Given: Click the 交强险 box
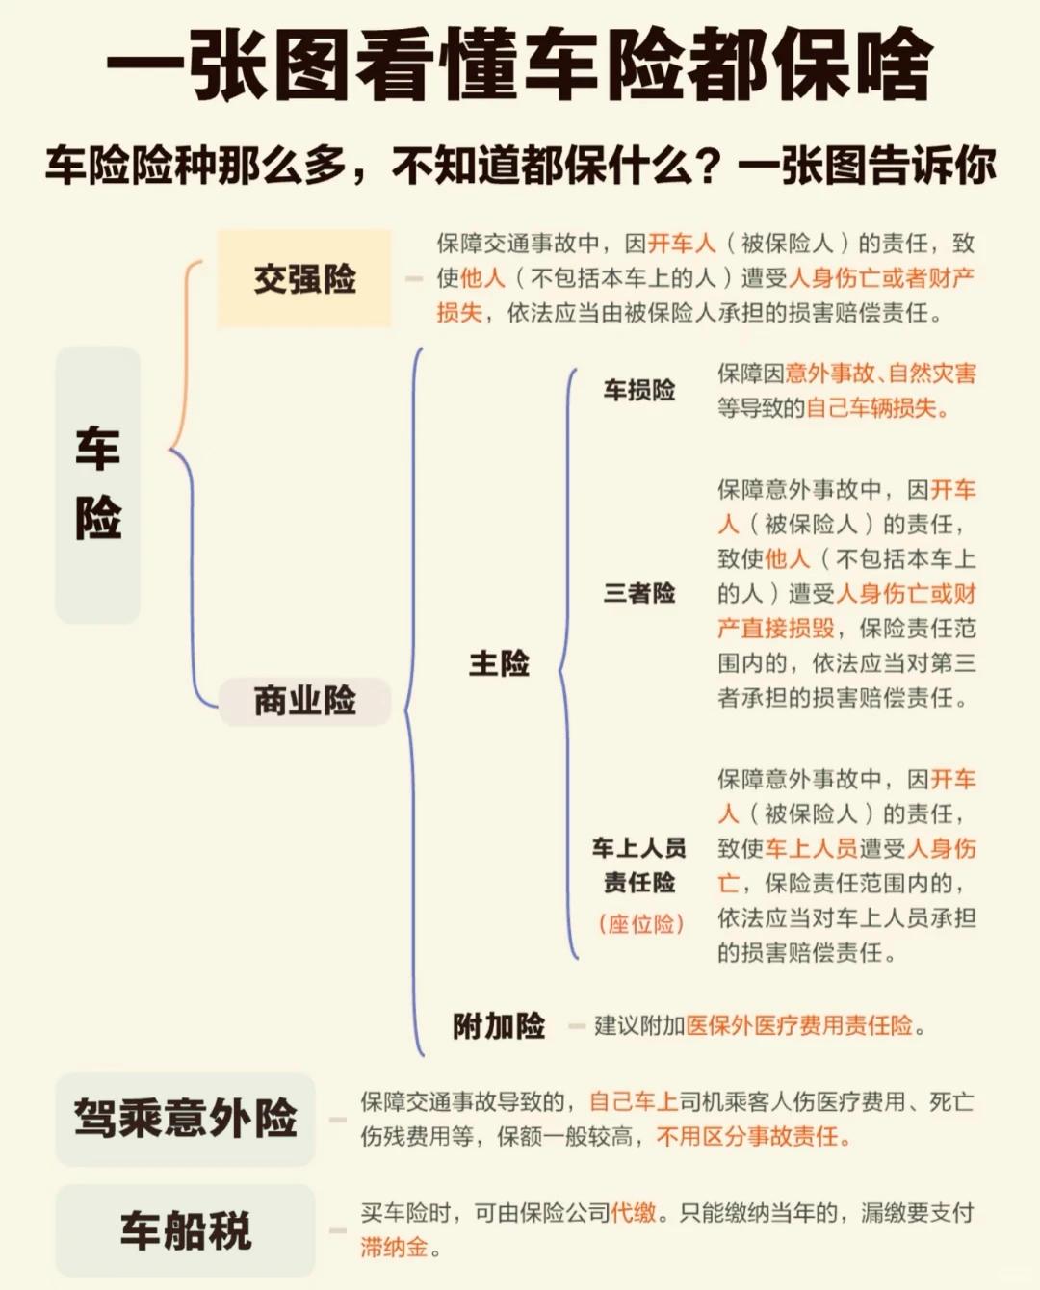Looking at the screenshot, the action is click(304, 279).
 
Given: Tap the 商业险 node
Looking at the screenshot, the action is click(304, 700).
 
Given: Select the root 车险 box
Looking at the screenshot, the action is click(97, 484).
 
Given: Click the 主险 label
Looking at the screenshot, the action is click(499, 663).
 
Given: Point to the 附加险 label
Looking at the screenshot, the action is click(499, 1026).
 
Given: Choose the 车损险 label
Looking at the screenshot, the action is click(639, 390).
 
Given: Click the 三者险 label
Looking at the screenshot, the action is click(639, 593).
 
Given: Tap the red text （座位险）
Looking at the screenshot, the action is click(640, 924).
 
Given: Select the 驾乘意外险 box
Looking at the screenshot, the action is click(185, 1119).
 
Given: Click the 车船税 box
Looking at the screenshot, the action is click(185, 1230).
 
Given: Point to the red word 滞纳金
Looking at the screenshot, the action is click(394, 1248).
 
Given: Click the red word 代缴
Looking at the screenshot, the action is click(634, 1213).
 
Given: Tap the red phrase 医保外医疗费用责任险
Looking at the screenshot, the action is click(799, 1026).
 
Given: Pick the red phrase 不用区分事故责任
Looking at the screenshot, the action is click(748, 1137).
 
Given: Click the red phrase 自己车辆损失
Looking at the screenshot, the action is click(871, 408).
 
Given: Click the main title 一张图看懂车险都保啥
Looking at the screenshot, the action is click(520, 65).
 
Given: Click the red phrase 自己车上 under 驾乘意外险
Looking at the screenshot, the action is click(634, 1102).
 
